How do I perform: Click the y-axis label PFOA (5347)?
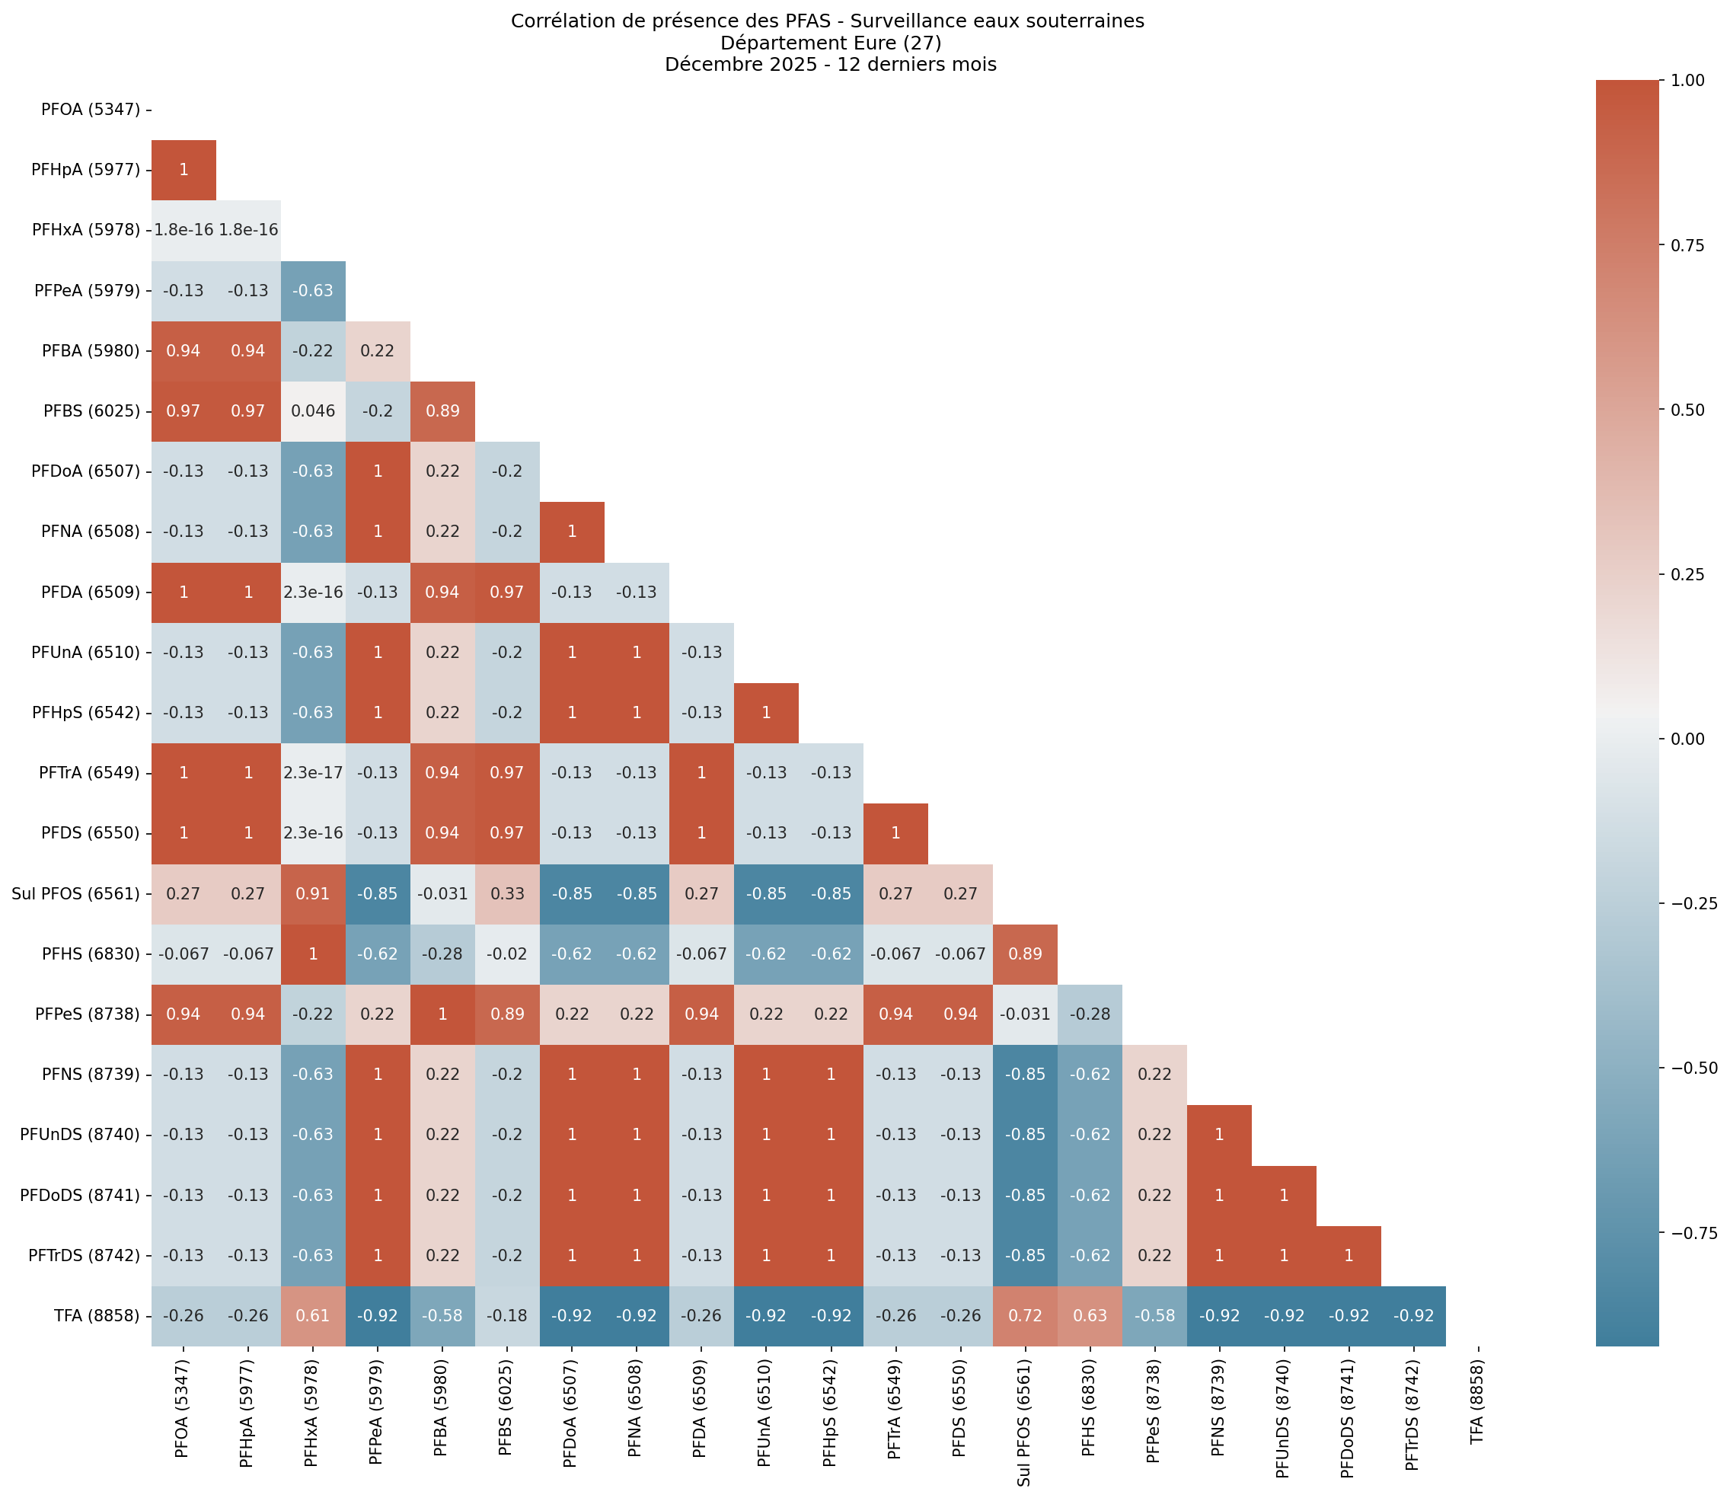[x=91, y=110]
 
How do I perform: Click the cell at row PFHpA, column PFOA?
[x=184, y=171]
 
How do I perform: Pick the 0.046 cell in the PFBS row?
[x=312, y=411]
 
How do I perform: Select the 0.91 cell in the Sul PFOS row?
[x=312, y=893]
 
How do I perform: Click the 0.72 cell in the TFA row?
[x=1025, y=1316]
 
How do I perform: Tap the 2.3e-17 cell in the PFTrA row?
[x=312, y=772]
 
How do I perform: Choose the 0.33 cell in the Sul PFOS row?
[x=507, y=893]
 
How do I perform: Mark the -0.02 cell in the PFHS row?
[x=507, y=953]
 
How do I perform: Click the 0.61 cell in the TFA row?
[x=312, y=1316]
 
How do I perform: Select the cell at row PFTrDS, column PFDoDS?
[x=1348, y=1256]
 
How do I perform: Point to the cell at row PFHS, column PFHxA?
[x=312, y=953]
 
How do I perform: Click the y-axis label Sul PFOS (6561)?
[x=76, y=893]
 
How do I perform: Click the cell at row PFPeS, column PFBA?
[x=442, y=1014]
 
